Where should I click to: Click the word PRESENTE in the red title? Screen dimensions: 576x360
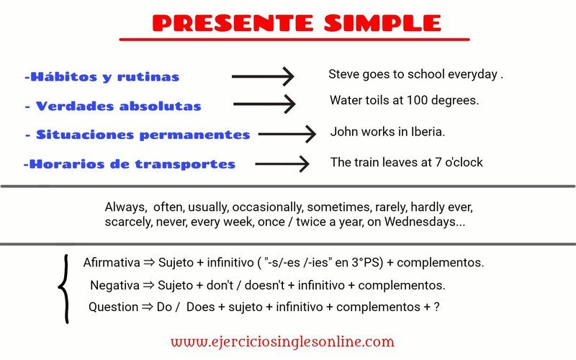point(233,23)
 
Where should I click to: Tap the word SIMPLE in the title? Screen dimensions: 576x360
point(382,23)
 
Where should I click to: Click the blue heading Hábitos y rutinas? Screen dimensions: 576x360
point(102,77)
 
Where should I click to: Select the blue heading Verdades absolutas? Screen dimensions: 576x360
point(113,106)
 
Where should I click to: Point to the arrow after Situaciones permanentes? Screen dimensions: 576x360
point(287,134)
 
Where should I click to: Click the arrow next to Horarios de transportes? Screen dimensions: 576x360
point(282,164)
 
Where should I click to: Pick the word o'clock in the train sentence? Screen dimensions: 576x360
point(464,162)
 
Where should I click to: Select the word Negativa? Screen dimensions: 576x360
point(114,285)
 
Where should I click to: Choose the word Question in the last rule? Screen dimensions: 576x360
point(114,307)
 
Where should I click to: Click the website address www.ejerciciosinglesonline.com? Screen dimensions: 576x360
point(282,342)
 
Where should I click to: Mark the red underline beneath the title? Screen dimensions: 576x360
point(294,40)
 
